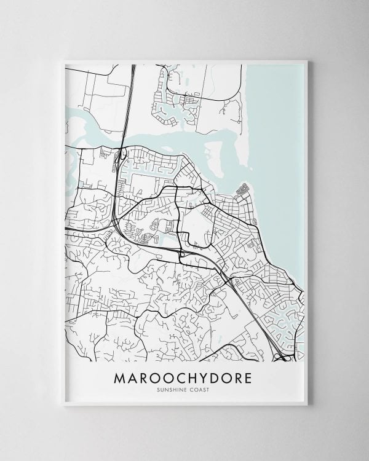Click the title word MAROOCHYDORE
click(x=183, y=377)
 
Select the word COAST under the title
click(x=199, y=389)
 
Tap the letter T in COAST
click(x=207, y=389)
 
